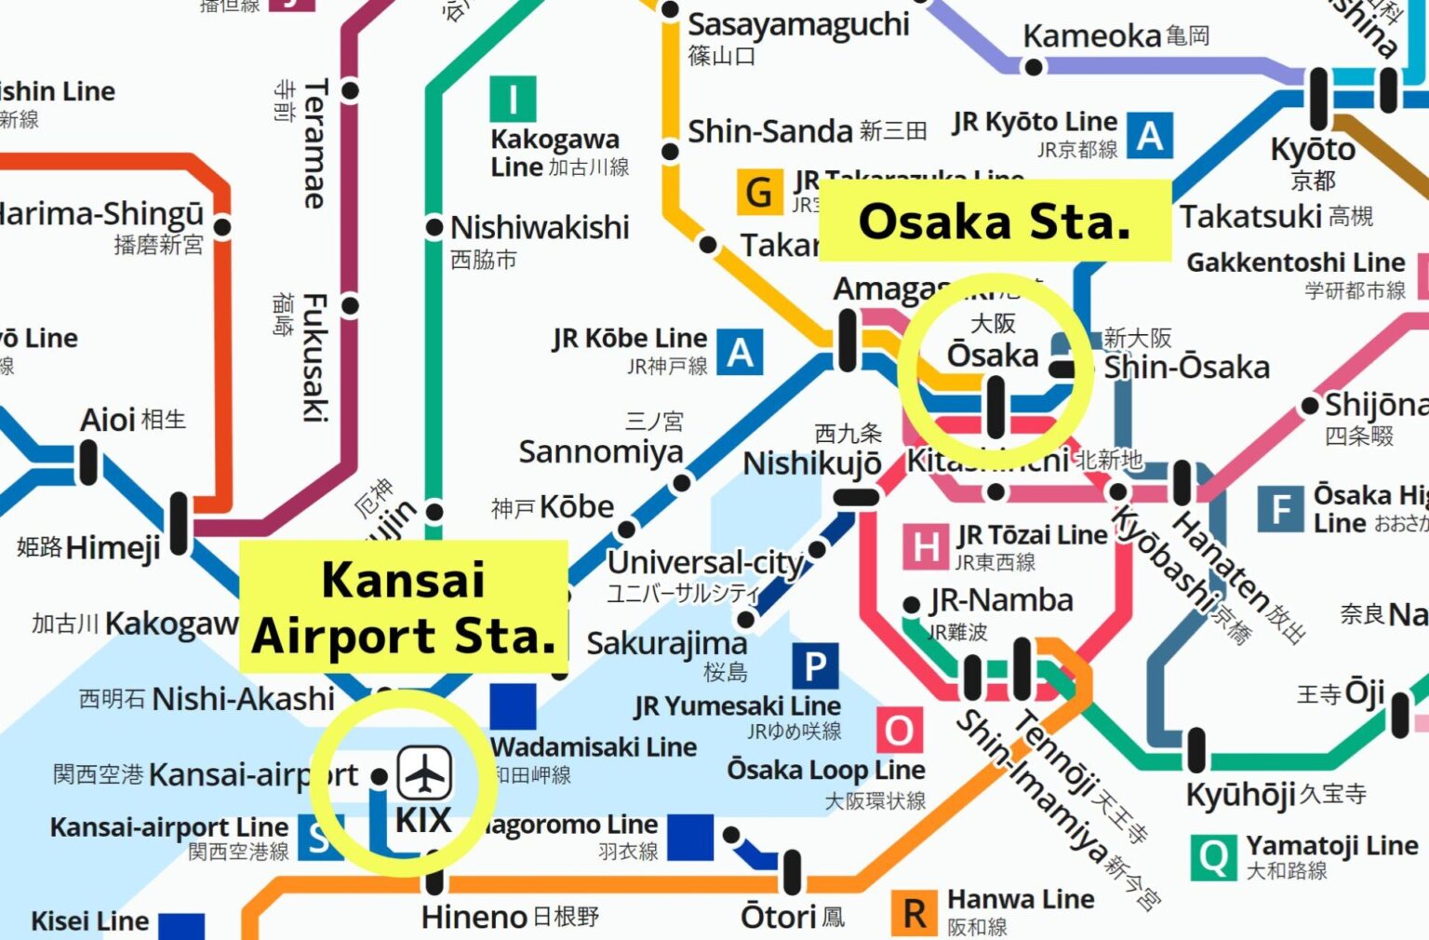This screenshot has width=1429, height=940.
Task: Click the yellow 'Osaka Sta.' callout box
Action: pos(994,222)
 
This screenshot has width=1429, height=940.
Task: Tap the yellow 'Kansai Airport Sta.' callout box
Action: pos(404,607)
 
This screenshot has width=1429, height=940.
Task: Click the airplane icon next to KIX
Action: pos(425,772)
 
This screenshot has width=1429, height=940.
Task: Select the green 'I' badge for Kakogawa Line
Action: pos(513,99)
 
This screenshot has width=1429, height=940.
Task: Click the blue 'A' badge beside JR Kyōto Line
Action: pos(1150,136)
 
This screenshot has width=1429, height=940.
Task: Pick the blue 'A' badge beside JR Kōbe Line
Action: pos(740,353)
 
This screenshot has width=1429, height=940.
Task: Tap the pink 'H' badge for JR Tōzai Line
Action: pos(926,546)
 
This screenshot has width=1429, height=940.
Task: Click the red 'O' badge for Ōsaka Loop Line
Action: pos(899,731)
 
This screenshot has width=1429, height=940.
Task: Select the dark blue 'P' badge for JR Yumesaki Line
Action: pos(815,666)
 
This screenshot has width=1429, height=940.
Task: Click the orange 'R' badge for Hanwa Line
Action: pos(915,914)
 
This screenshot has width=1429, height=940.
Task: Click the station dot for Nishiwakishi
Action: pos(434,227)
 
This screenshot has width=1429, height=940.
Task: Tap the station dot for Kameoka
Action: pos(1033,67)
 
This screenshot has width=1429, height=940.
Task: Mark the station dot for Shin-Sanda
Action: pos(670,152)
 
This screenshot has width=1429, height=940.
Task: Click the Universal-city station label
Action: pos(704,563)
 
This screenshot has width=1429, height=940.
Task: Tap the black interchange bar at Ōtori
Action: pos(792,872)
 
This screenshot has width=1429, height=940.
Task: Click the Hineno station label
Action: pos(474,918)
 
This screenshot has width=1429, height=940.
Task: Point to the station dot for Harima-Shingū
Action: pos(222,226)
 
